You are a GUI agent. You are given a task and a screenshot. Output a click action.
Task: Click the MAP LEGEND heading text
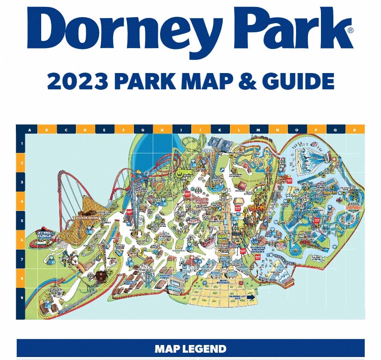(x=190, y=348)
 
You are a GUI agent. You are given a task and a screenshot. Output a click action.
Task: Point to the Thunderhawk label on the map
(x=86, y=218)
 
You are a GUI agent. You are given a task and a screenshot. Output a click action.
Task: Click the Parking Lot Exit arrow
(x=251, y=297)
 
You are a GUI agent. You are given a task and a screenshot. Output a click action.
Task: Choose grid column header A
(x=30, y=129)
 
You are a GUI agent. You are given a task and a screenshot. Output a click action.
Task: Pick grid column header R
(x=355, y=129)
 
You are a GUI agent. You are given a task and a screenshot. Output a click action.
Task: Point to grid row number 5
(x=21, y=220)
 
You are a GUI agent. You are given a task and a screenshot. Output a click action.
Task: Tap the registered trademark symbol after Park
(x=351, y=31)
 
